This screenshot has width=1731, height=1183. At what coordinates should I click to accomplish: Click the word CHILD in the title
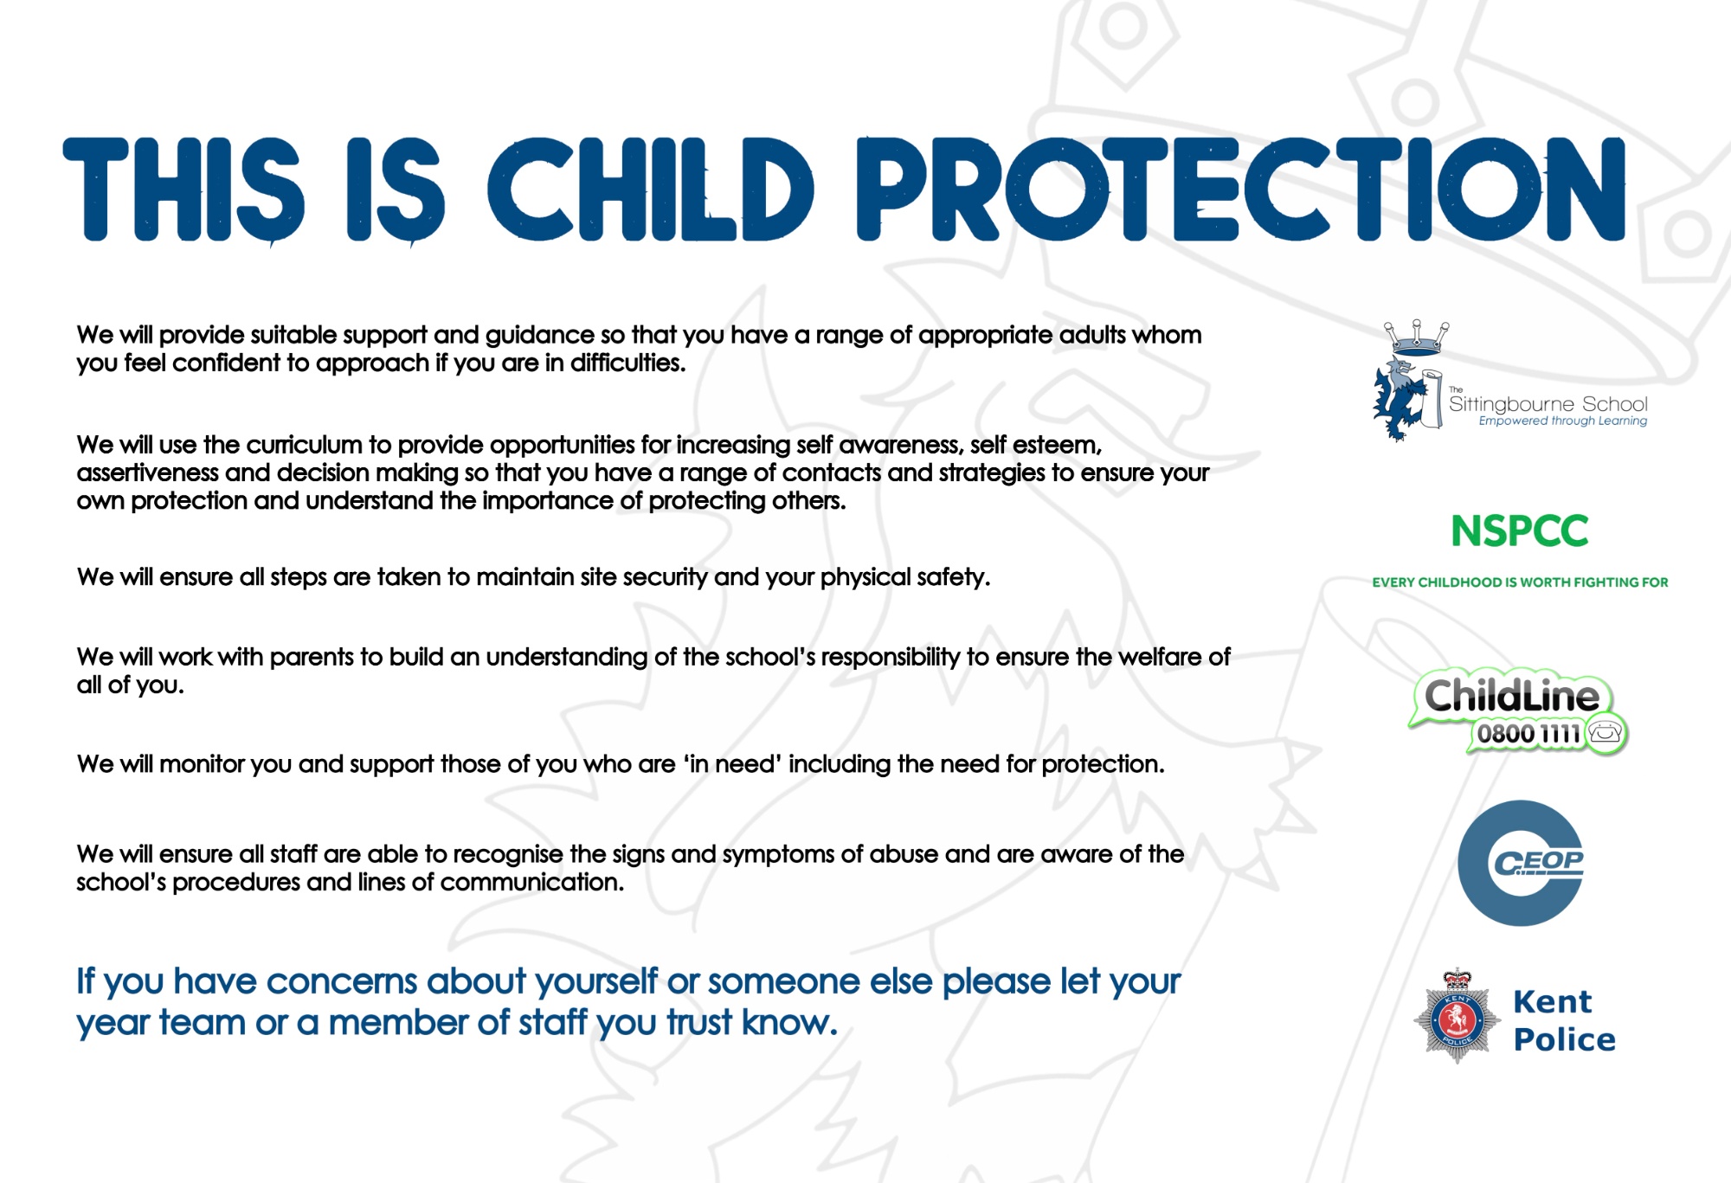point(651,188)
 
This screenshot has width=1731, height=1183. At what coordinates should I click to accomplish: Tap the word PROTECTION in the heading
point(1241,188)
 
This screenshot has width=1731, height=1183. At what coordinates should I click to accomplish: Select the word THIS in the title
point(183,189)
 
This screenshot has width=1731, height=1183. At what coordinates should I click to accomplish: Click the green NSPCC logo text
point(1520,531)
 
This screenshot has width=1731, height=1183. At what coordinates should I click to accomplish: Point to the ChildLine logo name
point(1512,696)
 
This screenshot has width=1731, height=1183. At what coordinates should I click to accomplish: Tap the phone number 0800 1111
point(1528,734)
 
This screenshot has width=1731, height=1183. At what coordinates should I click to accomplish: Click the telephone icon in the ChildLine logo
point(1606,732)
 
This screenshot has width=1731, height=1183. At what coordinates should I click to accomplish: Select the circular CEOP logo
point(1520,863)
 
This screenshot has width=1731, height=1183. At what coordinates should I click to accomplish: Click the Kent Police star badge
point(1458,1016)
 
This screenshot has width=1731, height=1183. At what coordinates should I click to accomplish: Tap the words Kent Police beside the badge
point(1564,1020)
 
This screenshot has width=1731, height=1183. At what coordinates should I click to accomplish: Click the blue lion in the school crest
point(1400,400)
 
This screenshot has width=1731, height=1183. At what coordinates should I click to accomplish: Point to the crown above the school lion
point(1417,338)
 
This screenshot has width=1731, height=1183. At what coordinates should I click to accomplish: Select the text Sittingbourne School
point(1548,404)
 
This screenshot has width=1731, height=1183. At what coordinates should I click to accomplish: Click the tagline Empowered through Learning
point(1563,421)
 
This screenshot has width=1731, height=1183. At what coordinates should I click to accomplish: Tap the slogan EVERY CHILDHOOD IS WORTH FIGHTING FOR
point(1520,582)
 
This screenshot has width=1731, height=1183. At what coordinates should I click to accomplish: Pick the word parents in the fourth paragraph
point(312,659)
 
